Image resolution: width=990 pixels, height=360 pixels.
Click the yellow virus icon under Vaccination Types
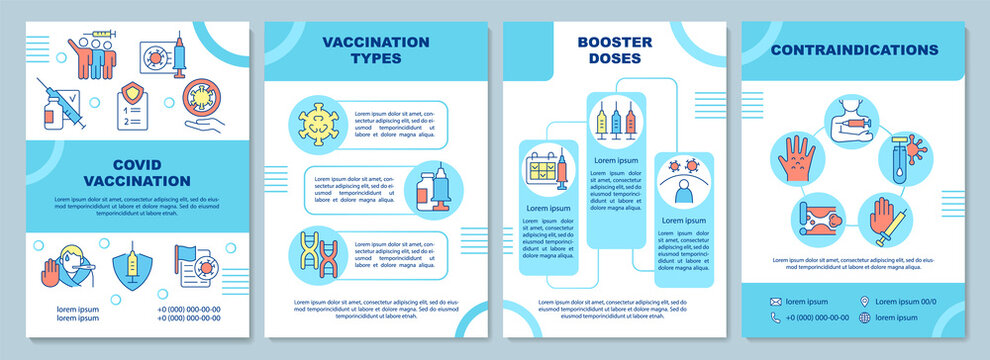[x=321, y=121]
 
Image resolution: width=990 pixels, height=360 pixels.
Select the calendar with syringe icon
[x=544, y=166]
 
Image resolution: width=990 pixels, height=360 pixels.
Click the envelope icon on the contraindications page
[x=775, y=301]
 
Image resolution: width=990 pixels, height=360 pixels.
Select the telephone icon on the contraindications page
[x=775, y=318]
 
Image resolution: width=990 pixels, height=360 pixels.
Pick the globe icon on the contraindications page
[x=863, y=318]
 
